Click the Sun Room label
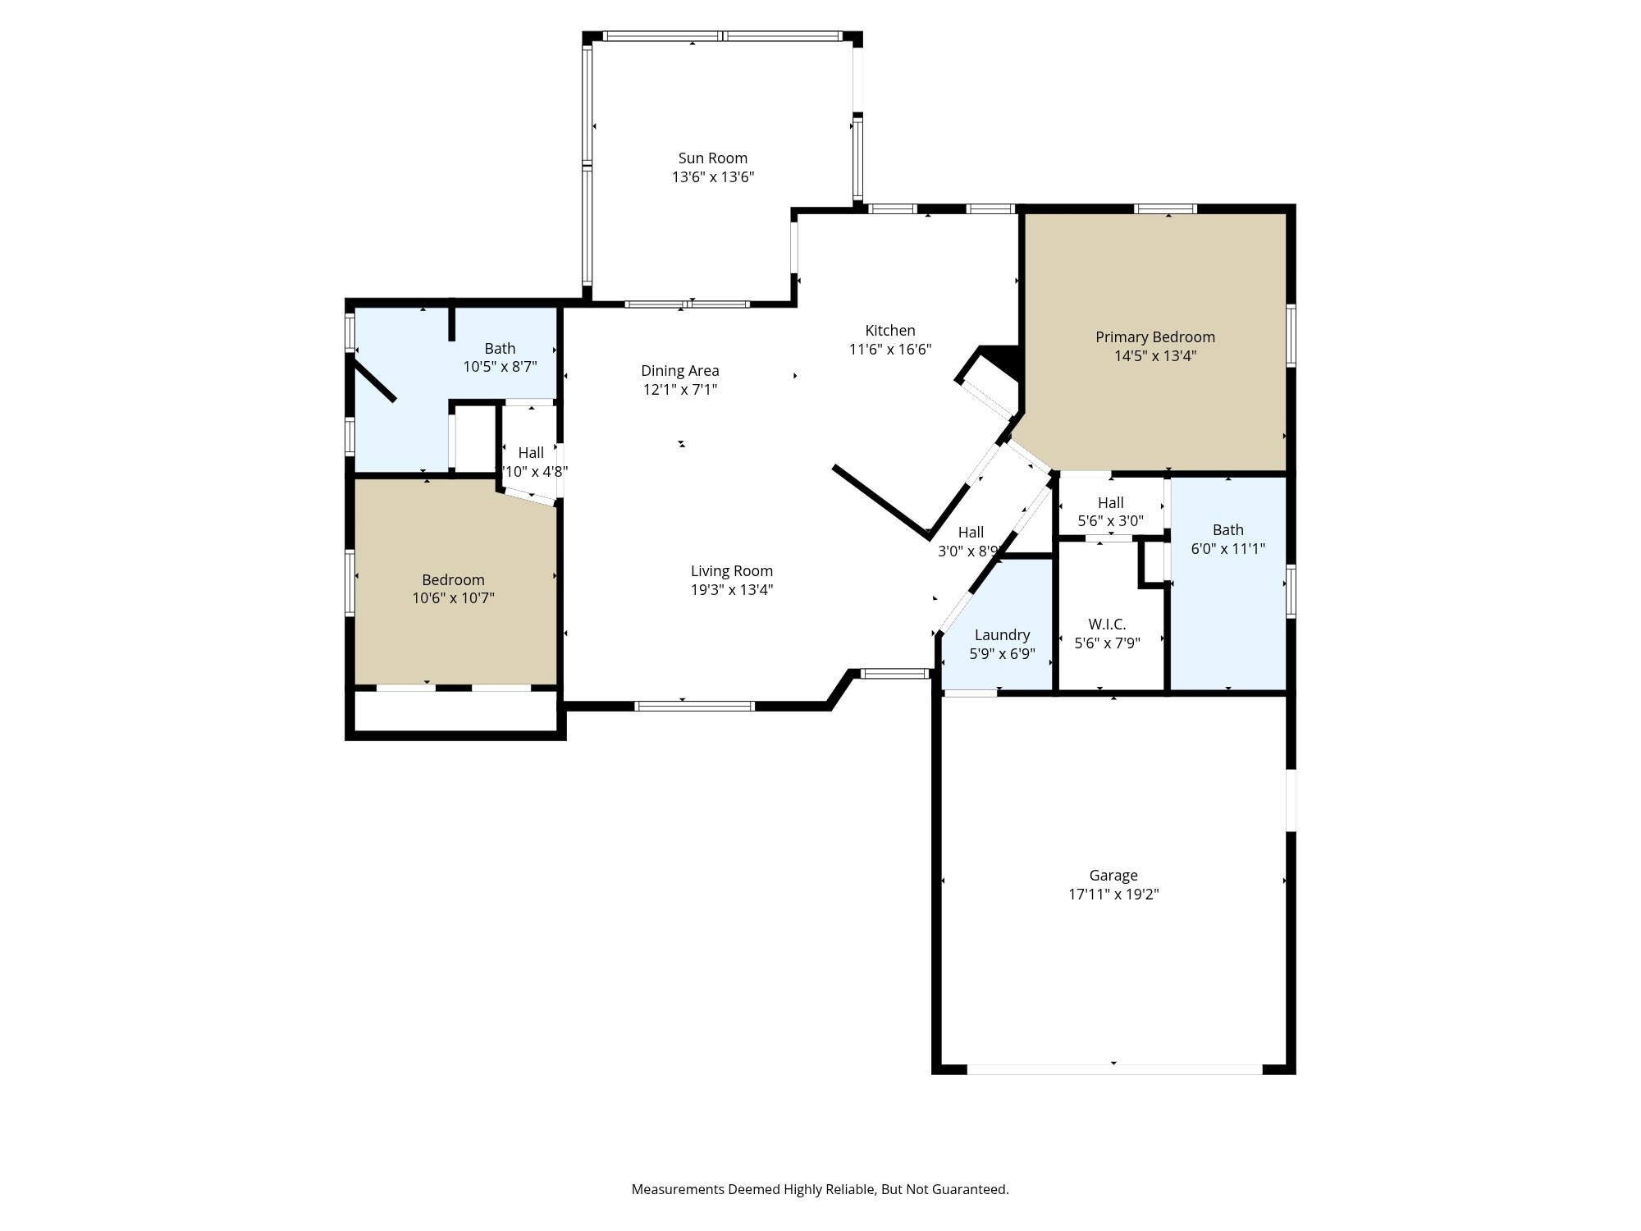click(712, 158)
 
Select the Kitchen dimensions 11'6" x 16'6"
click(889, 350)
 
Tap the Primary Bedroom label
click(1154, 337)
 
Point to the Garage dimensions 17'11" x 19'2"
click(1113, 895)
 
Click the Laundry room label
click(1002, 635)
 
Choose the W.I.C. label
click(1107, 625)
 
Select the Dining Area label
click(679, 371)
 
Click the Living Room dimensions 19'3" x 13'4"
click(731, 590)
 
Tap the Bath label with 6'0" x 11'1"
click(1227, 530)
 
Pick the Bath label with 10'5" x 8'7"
click(500, 349)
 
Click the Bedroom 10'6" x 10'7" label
click(453, 580)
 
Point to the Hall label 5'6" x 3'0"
click(1110, 503)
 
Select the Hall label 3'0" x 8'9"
click(971, 533)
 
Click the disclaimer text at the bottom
click(820, 1189)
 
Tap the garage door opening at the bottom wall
click(1113, 1069)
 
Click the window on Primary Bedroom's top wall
click(1164, 208)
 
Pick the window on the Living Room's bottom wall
click(694, 706)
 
